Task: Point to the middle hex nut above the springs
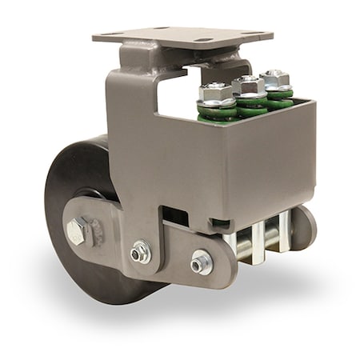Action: tap(249, 84)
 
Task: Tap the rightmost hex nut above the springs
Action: tap(274, 78)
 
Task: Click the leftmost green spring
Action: tap(218, 111)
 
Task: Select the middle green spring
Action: tap(252, 102)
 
